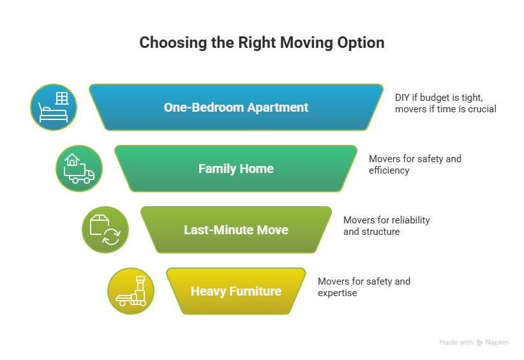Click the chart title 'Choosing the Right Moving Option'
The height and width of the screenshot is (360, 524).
(262, 43)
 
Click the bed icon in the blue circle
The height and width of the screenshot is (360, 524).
(54, 107)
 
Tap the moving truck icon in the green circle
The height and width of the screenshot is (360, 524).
(79, 169)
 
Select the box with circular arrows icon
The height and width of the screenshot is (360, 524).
(105, 230)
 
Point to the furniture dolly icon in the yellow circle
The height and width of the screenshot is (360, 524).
(131, 291)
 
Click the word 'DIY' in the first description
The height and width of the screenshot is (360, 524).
(403, 97)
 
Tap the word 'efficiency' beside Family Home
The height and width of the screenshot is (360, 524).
(389, 170)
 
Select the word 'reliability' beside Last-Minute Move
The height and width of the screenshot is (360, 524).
(408, 220)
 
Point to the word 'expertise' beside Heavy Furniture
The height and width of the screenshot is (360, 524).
(337, 293)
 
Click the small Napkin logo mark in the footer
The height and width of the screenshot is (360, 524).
(480, 343)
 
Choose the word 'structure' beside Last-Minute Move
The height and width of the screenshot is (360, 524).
(381, 232)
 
